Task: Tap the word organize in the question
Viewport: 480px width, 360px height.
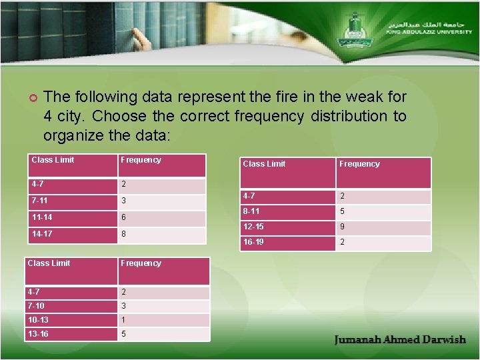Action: click(x=69, y=135)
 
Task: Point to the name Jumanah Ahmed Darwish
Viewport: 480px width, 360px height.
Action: click(x=400, y=339)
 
